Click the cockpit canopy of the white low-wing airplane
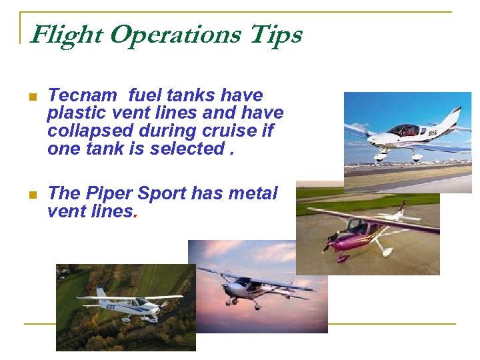404,129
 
